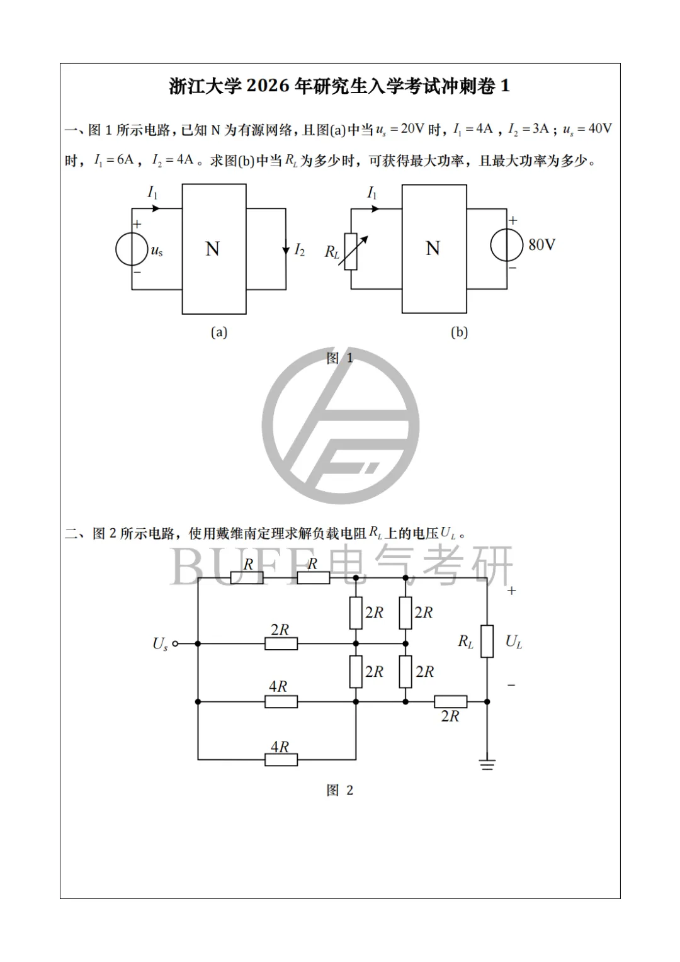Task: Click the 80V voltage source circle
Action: tap(507, 245)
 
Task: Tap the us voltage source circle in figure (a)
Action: tap(132, 250)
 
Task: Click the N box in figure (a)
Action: tap(214, 249)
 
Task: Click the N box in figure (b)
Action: tap(434, 249)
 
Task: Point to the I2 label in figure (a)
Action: tap(299, 251)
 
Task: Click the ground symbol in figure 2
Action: tap(487, 764)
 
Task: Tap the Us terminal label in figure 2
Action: tap(160, 644)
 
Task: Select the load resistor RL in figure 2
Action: tap(487, 642)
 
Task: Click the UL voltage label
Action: tap(514, 642)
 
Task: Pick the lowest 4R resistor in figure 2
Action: tap(281, 759)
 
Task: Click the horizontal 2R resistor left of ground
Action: tap(451, 701)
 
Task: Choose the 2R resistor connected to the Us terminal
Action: tap(281, 643)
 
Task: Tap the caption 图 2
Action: tap(340, 790)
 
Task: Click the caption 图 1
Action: tap(340, 358)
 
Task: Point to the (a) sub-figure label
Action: tap(218, 332)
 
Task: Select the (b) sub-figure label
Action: tap(459, 332)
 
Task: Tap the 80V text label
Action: tap(541, 244)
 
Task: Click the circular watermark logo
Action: tap(341, 425)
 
